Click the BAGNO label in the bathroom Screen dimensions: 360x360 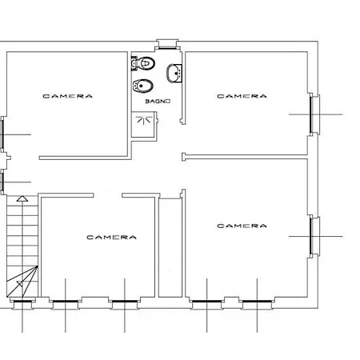[158, 102]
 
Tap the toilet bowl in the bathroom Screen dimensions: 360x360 [146, 63]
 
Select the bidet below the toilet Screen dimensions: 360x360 [143, 86]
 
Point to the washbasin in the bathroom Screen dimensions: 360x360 [174, 73]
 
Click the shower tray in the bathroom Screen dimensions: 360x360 [143, 124]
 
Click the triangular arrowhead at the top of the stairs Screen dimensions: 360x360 [22, 198]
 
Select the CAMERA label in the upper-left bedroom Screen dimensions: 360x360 [68, 96]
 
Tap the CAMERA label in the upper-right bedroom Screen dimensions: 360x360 [242, 96]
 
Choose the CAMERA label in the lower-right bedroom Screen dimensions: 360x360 [242, 226]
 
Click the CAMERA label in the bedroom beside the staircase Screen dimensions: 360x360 [111, 237]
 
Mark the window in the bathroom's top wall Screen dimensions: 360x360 [167, 45]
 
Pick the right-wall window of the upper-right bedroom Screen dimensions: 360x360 [314, 114]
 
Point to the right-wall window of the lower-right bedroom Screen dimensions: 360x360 [314, 236]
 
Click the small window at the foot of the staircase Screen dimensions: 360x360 [22, 302]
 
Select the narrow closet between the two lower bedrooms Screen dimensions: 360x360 [170, 247]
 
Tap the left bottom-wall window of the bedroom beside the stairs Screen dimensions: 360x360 [66, 302]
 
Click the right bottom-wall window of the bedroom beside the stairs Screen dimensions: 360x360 [125, 302]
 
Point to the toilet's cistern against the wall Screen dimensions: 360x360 [134, 63]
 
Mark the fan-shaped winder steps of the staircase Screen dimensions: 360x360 [22, 282]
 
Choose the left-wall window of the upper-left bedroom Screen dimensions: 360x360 [2, 134]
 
